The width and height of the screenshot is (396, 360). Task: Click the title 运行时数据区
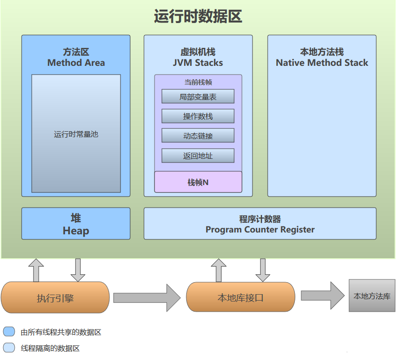198,17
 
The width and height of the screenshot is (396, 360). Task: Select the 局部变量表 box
198,97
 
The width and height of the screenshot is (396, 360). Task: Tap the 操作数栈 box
198,116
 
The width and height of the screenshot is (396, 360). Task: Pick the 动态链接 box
198,136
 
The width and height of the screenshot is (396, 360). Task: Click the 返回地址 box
198,156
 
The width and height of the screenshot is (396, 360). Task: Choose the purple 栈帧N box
198,182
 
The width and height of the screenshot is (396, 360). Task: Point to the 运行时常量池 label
76,134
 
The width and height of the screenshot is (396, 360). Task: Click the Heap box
76,224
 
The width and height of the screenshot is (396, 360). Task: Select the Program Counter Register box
260,224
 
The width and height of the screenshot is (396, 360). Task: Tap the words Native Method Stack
322,63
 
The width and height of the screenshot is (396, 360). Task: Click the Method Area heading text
76,63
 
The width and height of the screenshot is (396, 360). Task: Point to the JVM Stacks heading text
198,63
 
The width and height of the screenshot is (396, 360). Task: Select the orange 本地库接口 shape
240,297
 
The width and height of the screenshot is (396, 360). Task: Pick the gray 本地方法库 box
372,296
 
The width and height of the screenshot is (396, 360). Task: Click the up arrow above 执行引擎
36,270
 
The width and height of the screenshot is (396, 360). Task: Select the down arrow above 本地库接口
263,270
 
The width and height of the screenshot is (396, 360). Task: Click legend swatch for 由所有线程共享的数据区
9,332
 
